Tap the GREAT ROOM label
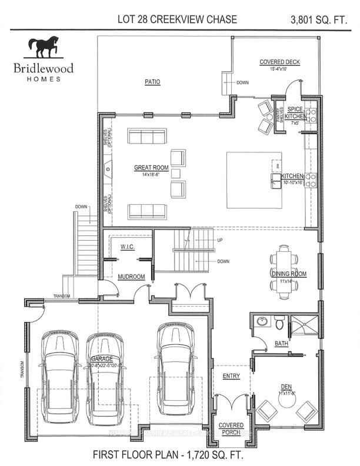(151, 168)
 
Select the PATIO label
(152, 82)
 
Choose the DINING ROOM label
(289, 274)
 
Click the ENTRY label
(231, 376)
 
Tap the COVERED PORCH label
(231, 428)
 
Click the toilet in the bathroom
(280, 322)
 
